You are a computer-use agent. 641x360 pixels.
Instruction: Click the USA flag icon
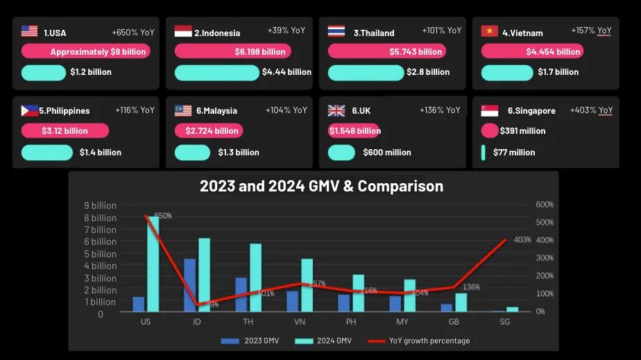pos(29,31)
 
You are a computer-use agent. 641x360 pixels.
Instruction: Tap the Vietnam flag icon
pos(489,31)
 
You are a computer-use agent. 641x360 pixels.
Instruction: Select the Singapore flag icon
pos(489,110)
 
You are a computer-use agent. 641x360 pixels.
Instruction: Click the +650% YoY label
pos(133,32)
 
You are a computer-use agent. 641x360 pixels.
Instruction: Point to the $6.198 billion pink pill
pos(232,51)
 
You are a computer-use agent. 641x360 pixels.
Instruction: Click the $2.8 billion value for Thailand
pos(429,72)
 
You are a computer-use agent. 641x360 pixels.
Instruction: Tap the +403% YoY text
pos(591,110)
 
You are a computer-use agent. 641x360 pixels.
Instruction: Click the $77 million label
pos(514,153)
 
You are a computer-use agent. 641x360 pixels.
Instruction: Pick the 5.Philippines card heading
pos(64,110)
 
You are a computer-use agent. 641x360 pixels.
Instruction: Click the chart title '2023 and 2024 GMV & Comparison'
pos(321,186)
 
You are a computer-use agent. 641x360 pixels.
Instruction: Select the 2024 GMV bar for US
pos(153,264)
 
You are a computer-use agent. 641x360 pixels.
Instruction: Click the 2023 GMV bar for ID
pos(189,285)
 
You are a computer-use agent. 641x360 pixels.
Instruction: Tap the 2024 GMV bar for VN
pos(307,285)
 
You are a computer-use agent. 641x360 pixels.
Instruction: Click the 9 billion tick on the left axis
pos(100,205)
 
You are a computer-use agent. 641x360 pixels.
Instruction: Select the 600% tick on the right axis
pos(545,205)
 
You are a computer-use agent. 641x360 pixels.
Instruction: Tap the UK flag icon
pos(336,110)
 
